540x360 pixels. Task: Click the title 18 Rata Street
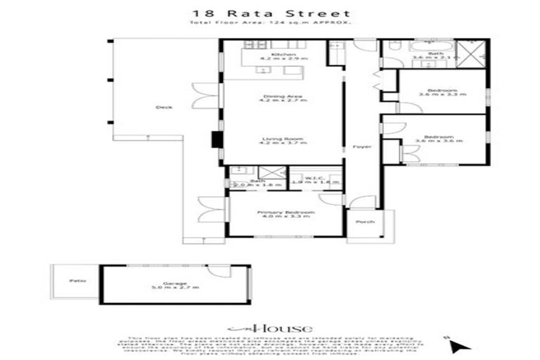coord(271,13)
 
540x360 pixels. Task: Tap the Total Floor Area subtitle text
coord(271,24)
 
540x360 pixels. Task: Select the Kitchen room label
coord(274,54)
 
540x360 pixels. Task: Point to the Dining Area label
coord(274,96)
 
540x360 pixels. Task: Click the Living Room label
coord(274,139)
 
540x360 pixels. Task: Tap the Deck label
coord(164,108)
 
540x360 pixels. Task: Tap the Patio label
coord(77,280)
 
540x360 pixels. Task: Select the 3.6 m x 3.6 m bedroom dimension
coord(439,141)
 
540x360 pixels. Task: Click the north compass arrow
coord(459,345)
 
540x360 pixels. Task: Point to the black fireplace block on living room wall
coord(217,139)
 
